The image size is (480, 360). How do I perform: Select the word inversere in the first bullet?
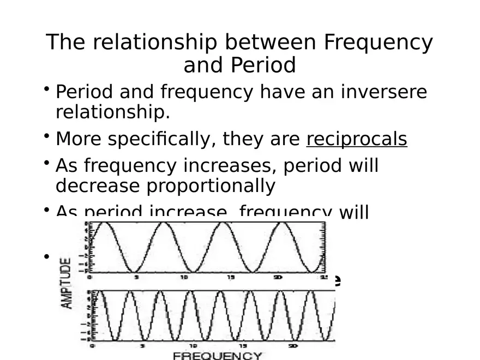pyautogui.click(x=384, y=92)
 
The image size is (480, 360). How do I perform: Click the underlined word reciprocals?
pyautogui.click(x=357, y=140)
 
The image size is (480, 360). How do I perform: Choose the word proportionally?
pyautogui.click(x=210, y=186)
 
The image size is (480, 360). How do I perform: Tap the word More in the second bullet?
pyautogui.click(x=78, y=140)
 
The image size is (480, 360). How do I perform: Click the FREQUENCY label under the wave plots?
pyautogui.click(x=218, y=356)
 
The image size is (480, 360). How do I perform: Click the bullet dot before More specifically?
pyautogui.click(x=48, y=135)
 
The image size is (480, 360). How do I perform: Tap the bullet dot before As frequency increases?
pyautogui.click(x=48, y=161)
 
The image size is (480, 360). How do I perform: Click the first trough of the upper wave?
pyautogui.click(x=134, y=271)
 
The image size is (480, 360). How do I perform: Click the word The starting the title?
pyautogui.click(x=64, y=43)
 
